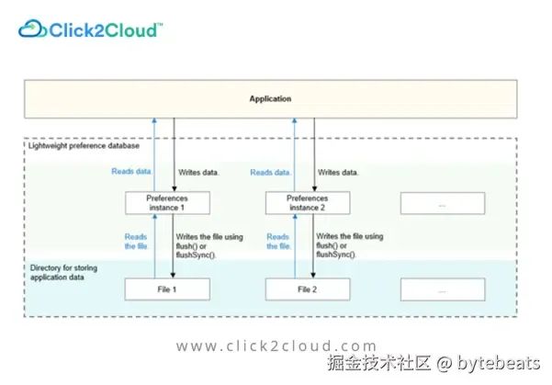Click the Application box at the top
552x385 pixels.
(270, 99)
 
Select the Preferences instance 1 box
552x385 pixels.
(167, 203)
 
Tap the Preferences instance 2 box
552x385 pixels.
(308, 203)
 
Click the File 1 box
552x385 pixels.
(167, 289)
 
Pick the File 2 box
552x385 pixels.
(308, 289)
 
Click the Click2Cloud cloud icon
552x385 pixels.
(32, 28)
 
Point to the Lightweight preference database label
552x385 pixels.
(84, 146)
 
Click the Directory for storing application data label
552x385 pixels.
(63, 273)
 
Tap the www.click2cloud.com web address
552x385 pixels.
(276, 345)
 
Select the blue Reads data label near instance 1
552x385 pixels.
(131, 172)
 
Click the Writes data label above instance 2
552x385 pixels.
(338, 173)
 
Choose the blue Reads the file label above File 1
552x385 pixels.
(136, 242)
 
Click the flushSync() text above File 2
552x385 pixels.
(336, 255)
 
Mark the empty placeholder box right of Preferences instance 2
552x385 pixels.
(443, 203)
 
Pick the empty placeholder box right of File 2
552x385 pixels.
(443, 289)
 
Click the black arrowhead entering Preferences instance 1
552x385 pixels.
(174, 188)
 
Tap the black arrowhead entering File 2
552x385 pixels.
(313, 275)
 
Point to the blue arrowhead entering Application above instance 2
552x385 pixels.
(295, 120)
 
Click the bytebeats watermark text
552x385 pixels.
(499, 363)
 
